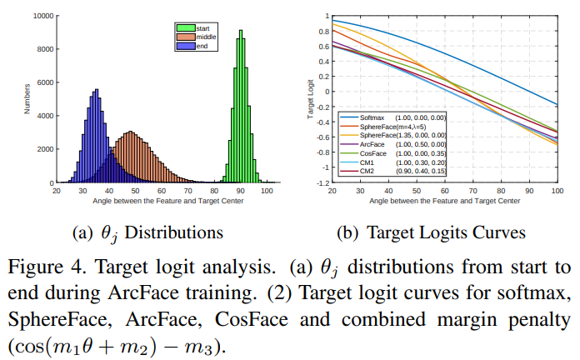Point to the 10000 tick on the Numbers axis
point(43,16)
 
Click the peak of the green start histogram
point(240,32)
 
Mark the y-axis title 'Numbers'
point(27,98)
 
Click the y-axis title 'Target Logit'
point(310,98)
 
